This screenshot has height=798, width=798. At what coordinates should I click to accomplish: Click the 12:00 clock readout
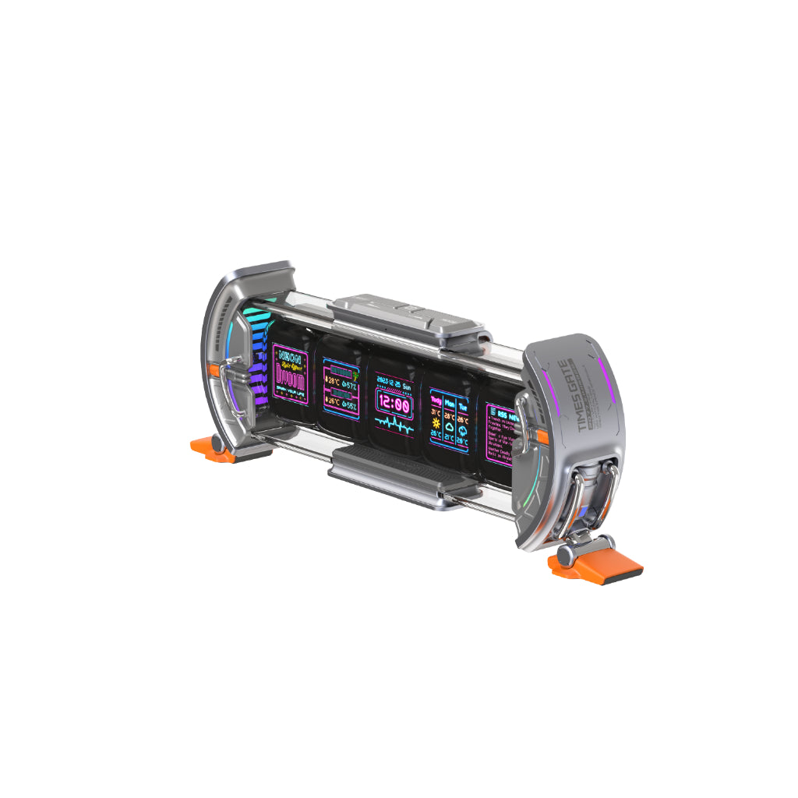click(x=394, y=405)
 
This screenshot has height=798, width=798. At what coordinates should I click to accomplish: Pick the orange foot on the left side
click(x=209, y=450)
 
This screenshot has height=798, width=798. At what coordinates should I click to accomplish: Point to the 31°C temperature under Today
click(x=436, y=414)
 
